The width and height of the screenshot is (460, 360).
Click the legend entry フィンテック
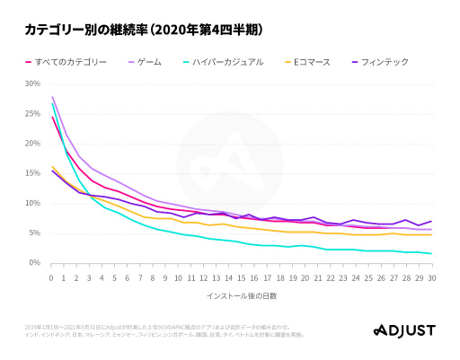(x=384, y=61)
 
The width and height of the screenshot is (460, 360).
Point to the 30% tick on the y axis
(x=32, y=83)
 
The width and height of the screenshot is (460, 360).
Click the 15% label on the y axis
(x=32, y=173)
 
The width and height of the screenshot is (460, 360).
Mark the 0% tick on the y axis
(x=34, y=262)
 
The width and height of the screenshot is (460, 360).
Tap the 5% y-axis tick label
(x=34, y=233)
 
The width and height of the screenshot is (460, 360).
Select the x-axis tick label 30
(x=431, y=278)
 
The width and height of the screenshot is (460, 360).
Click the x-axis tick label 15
(x=241, y=278)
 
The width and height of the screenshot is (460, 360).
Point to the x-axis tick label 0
(x=51, y=278)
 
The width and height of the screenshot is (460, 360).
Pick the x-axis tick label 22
(x=330, y=278)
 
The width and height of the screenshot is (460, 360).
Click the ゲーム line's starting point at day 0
(x=52, y=97)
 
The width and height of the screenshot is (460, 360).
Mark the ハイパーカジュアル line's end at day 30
(x=431, y=253)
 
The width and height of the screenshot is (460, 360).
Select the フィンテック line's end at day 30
(x=431, y=221)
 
